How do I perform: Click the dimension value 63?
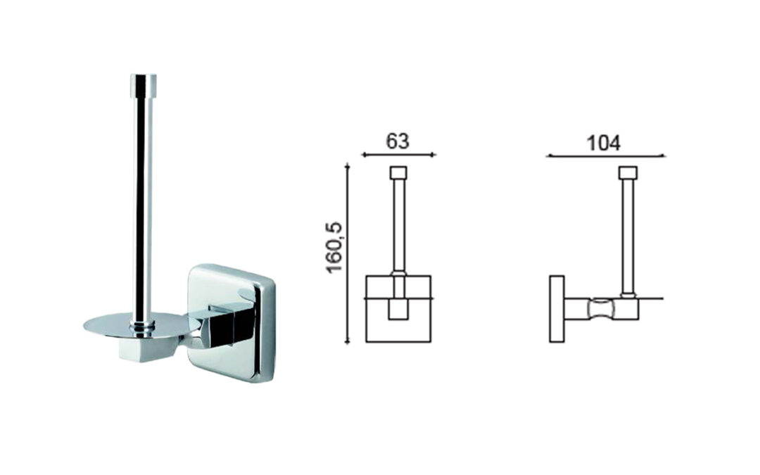[398, 141]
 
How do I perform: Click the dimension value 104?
[604, 144]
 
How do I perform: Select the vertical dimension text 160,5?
[335, 248]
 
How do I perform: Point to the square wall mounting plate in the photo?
[232, 322]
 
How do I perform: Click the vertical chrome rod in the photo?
[143, 203]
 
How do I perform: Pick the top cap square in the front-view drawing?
[398, 173]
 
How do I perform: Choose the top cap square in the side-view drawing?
[628, 173]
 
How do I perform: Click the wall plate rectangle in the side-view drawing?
[557, 309]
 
